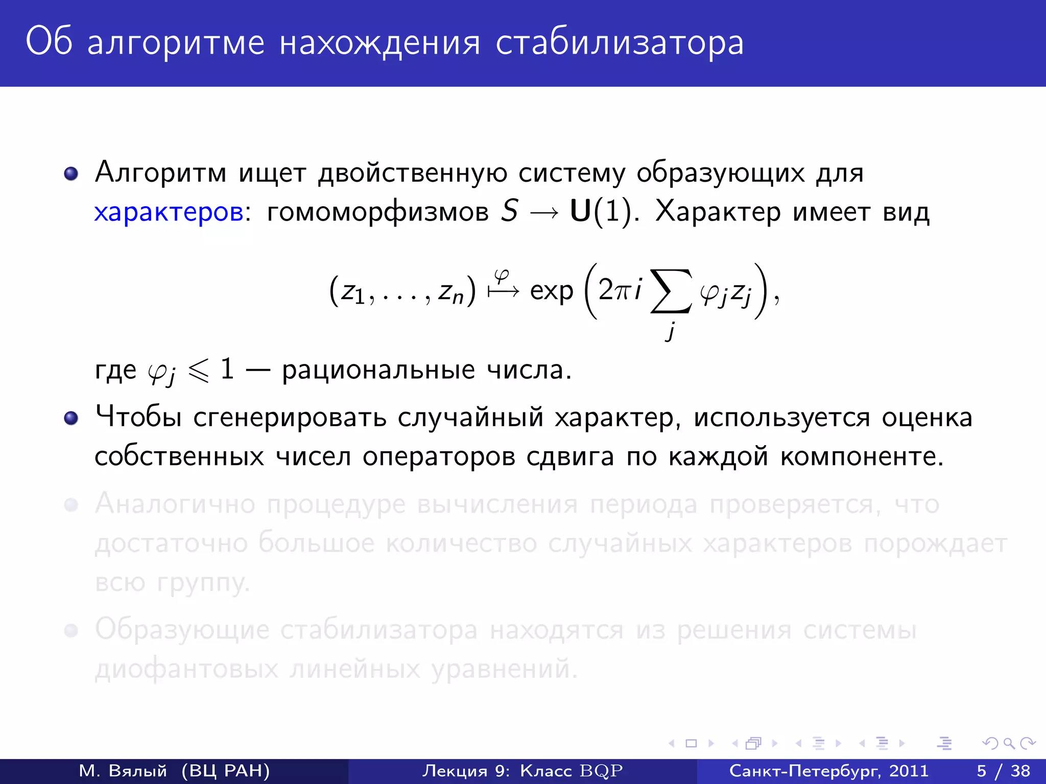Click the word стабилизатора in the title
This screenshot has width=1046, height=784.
coord(620,43)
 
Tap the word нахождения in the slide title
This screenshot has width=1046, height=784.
coord(380,43)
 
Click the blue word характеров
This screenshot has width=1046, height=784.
coord(169,212)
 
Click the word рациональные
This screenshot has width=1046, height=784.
coord(378,370)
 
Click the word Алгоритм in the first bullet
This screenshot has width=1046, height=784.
coord(160,173)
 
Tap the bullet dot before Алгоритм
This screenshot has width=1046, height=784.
coord(71,174)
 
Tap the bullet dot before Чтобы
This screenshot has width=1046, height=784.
coord(71,419)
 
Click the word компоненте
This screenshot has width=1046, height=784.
coord(862,456)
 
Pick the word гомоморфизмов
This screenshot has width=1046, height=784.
coord(378,212)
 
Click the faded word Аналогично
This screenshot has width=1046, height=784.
coord(175,504)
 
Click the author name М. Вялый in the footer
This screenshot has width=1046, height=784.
coord(123,771)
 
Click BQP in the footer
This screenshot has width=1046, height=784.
coord(601,771)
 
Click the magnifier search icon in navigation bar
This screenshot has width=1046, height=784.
coord(1009,743)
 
